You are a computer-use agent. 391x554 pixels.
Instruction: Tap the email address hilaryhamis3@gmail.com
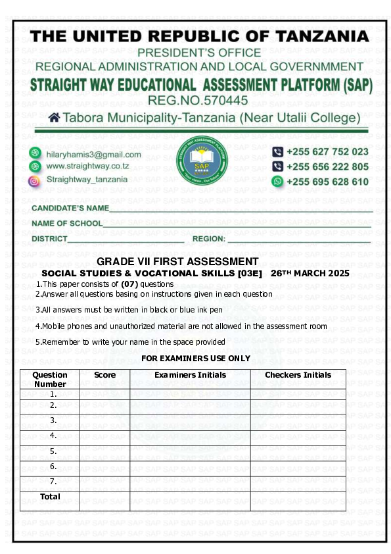point(93,154)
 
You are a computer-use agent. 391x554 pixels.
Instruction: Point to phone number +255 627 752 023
point(327,152)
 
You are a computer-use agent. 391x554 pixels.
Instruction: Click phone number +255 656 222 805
point(327,166)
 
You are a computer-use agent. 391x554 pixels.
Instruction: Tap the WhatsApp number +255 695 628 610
point(327,181)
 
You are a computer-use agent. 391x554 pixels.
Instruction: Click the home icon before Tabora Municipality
point(55,118)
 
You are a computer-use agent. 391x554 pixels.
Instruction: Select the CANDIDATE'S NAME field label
point(70,209)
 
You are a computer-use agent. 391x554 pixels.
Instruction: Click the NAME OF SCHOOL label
point(67,224)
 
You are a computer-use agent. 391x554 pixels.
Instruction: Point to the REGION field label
point(209,239)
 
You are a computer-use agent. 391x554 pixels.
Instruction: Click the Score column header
point(104,375)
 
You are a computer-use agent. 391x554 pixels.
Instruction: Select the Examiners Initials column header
point(190,375)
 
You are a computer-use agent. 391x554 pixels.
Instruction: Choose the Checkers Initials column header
point(298,375)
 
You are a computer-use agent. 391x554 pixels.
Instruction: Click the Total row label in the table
point(50,497)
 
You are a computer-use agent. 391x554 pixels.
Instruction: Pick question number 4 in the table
point(53,436)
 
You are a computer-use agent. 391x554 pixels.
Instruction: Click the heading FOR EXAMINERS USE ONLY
point(196,358)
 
